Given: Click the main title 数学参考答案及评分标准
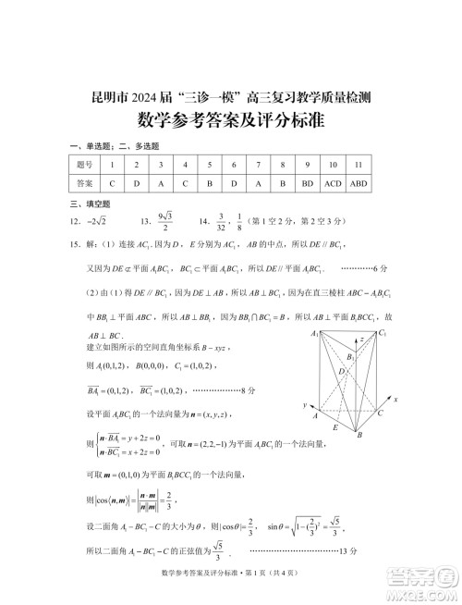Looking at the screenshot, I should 230,120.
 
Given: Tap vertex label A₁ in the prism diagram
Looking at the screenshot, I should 315,333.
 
